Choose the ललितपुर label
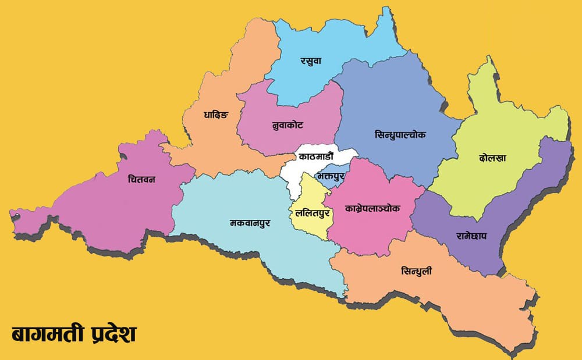(x=313, y=213)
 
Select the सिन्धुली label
(x=417, y=272)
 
